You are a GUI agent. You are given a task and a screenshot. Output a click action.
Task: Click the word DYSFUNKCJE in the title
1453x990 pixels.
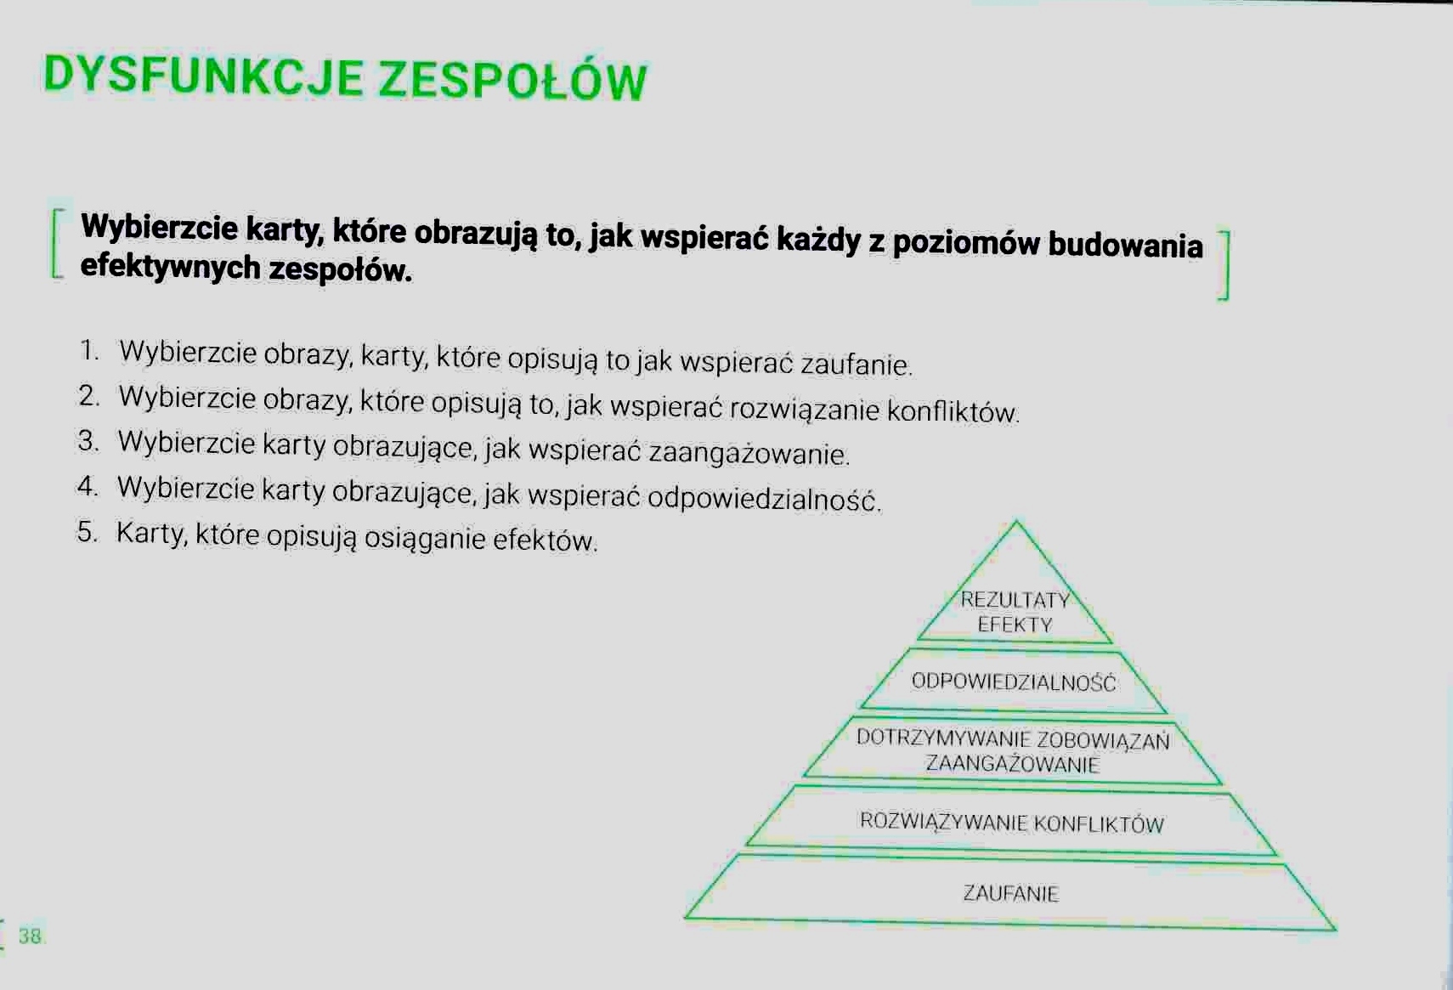pos(203,76)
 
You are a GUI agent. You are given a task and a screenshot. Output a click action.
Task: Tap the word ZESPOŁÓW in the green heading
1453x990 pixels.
pos(512,81)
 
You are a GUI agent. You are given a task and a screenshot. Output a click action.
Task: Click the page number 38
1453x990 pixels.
pos(30,936)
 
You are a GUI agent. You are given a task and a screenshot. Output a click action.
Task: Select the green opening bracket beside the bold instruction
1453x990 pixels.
pos(58,244)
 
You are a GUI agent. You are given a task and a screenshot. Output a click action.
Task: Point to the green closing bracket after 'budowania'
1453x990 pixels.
pos(1224,265)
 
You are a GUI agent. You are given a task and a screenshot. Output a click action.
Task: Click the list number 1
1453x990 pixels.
pos(89,350)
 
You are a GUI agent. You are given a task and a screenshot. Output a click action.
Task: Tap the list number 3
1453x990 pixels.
pos(88,441)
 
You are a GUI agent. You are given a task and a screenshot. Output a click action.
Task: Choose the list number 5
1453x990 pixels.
pos(87,531)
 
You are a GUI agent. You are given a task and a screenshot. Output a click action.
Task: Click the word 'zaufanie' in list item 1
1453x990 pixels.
pos(856,364)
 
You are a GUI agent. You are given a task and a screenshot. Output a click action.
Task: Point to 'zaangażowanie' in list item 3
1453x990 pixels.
pos(749,453)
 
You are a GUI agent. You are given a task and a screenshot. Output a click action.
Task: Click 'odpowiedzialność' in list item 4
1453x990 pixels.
pos(764,498)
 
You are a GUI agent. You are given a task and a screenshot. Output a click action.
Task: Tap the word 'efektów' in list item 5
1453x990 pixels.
pos(544,540)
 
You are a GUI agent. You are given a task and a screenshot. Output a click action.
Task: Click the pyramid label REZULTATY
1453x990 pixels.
pos(1015,599)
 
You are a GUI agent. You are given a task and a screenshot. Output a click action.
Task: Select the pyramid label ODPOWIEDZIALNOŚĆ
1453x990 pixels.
pos(1014,682)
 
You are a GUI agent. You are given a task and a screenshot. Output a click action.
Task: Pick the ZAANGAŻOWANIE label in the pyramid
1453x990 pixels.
pos(1013,764)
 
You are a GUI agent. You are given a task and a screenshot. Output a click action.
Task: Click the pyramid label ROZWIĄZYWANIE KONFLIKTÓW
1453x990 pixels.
pos(1012,823)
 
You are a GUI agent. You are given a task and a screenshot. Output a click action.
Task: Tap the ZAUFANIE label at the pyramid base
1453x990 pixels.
pos(1010,893)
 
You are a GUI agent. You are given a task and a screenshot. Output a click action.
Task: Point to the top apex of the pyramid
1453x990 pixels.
pos(1016,521)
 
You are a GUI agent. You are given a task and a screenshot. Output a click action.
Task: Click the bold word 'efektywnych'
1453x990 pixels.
pos(171,267)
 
